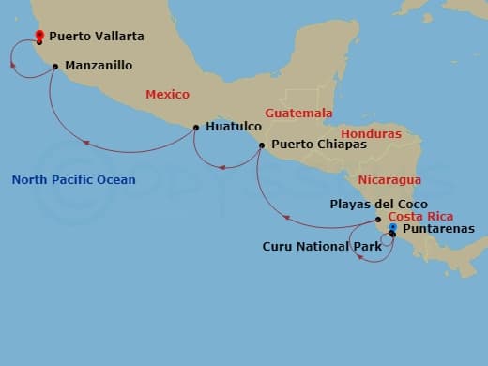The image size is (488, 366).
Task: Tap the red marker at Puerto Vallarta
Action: click(39, 37)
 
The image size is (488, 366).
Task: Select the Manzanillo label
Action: click(99, 66)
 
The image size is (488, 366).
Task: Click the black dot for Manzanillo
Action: click(55, 66)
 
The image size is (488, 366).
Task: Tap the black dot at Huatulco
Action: click(195, 127)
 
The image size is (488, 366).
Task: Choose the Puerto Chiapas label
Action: click(312, 145)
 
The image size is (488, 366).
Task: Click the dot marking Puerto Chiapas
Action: click(262, 145)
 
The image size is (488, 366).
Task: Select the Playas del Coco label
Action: click(378, 204)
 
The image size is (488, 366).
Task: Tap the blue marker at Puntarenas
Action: click(392, 227)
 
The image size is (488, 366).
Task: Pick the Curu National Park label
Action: click(321, 247)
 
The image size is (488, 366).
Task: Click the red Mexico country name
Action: click(167, 95)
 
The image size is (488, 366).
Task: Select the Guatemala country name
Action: click(298, 114)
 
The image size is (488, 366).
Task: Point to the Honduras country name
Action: click(371, 134)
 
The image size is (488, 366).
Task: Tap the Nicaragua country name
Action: click(389, 179)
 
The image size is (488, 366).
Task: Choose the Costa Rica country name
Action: click(413, 217)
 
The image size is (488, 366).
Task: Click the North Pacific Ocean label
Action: click(73, 180)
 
